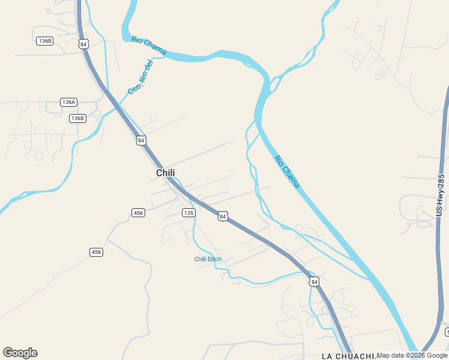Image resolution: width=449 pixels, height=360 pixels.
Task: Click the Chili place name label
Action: coord(165,173)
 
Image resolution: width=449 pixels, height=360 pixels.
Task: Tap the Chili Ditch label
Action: coord(208,259)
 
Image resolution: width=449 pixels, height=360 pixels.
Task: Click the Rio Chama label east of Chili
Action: coord(286,172)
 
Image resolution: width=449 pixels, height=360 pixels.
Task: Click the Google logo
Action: coord(20,353)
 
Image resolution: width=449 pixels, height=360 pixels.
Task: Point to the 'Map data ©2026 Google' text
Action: coord(412,355)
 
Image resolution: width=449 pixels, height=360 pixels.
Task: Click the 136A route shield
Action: coord(69,102)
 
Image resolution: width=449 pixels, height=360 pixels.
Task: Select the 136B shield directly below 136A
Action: coord(77,118)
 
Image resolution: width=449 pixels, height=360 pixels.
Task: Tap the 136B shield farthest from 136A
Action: coord(44,41)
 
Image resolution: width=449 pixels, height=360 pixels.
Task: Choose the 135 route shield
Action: coord(188,213)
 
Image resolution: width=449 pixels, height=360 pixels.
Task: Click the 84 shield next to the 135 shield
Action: coord(223,216)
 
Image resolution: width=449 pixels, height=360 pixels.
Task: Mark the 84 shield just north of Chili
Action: coord(140,140)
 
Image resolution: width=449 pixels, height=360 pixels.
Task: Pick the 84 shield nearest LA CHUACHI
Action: coord(314,281)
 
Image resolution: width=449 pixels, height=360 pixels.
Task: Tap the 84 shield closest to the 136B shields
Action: coord(83,44)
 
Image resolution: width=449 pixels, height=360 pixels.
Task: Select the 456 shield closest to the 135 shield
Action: coord(138,213)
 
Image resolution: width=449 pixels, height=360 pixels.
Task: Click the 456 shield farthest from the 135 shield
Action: coord(96,252)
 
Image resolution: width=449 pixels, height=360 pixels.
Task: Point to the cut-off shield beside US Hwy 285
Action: coord(447,332)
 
